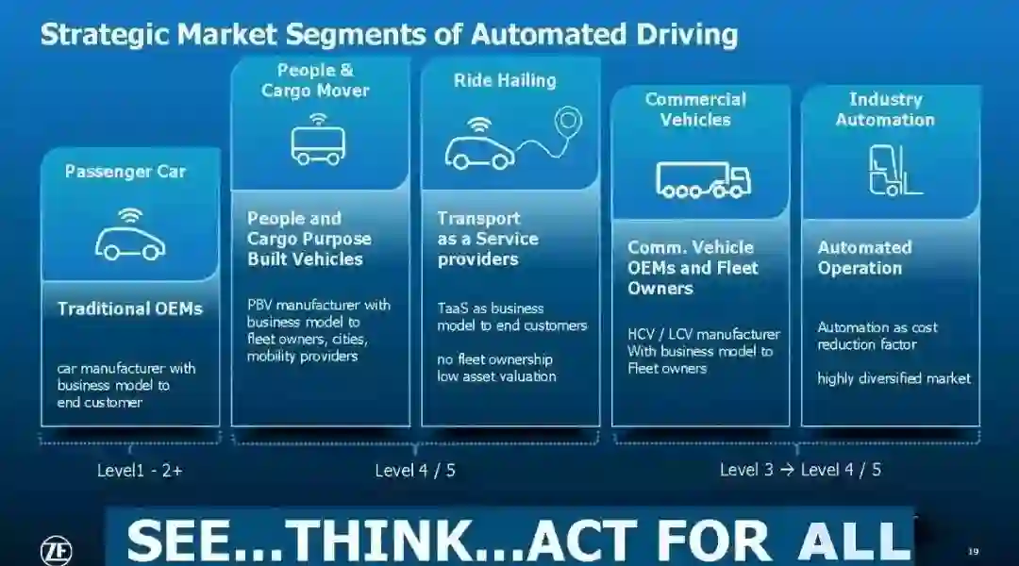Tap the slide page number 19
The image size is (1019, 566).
click(974, 550)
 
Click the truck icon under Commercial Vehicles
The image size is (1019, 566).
click(703, 178)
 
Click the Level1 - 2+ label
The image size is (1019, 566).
click(140, 470)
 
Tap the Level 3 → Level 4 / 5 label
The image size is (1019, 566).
click(800, 469)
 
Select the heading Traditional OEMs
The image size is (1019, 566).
click(130, 308)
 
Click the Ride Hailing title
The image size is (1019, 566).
click(505, 81)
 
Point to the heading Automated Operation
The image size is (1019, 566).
click(864, 258)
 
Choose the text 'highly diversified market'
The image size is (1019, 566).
click(894, 378)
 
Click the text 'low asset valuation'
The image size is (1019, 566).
click(496, 376)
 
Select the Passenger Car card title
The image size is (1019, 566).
click(125, 172)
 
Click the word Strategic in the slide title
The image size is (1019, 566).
click(104, 35)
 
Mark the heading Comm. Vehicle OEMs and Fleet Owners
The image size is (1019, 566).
click(693, 268)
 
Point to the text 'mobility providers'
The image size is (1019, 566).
click(302, 356)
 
